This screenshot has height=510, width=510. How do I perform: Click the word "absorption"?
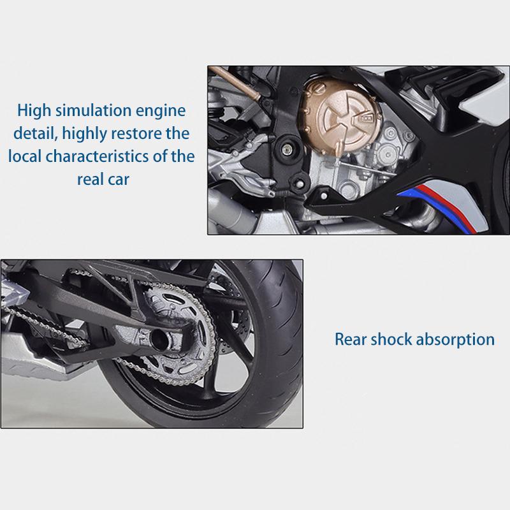point(456,339)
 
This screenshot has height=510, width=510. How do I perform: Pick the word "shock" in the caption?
point(395,339)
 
